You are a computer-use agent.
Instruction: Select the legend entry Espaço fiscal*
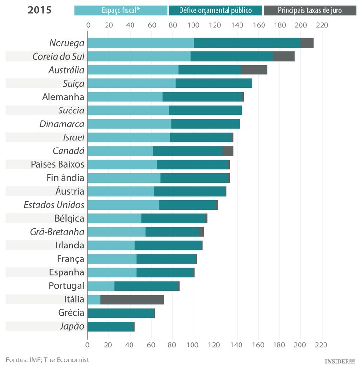click(x=120, y=11)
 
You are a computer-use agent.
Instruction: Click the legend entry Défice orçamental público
click(x=215, y=11)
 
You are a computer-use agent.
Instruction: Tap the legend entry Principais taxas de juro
click(x=310, y=11)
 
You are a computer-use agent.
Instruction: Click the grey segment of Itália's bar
click(x=132, y=299)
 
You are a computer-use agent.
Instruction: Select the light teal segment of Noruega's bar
click(x=141, y=43)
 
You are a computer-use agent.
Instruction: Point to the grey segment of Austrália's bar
click(x=254, y=70)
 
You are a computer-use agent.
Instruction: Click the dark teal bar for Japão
click(x=110, y=326)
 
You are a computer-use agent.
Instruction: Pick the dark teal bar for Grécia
click(x=121, y=313)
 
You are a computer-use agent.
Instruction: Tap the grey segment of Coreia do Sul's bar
click(x=283, y=56)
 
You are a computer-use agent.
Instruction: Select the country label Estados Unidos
click(x=54, y=205)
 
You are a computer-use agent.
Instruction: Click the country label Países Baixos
click(x=57, y=164)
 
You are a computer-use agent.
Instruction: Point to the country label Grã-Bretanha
click(x=57, y=232)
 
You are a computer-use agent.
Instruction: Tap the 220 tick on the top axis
click(x=321, y=25)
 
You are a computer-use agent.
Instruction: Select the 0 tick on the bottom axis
click(x=88, y=345)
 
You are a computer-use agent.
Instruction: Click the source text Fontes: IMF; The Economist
click(x=48, y=359)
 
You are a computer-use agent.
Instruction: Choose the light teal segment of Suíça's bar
click(x=132, y=84)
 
